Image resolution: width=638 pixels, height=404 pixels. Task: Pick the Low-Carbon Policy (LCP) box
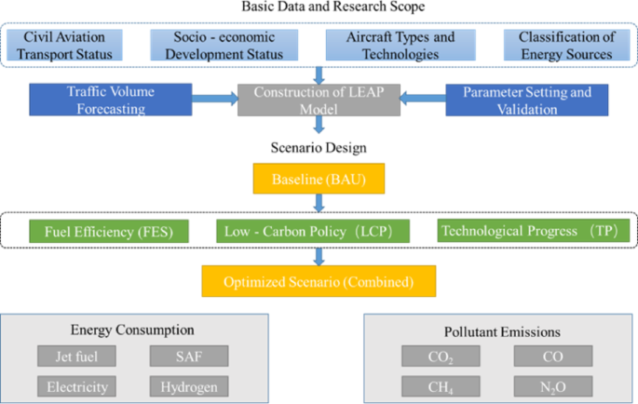(x=317, y=230)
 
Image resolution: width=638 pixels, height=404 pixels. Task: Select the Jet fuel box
(x=76, y=356)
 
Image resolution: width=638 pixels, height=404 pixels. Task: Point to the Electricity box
(x=76, y=386)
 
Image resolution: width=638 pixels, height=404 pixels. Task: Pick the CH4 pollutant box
(x=441, y=386)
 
